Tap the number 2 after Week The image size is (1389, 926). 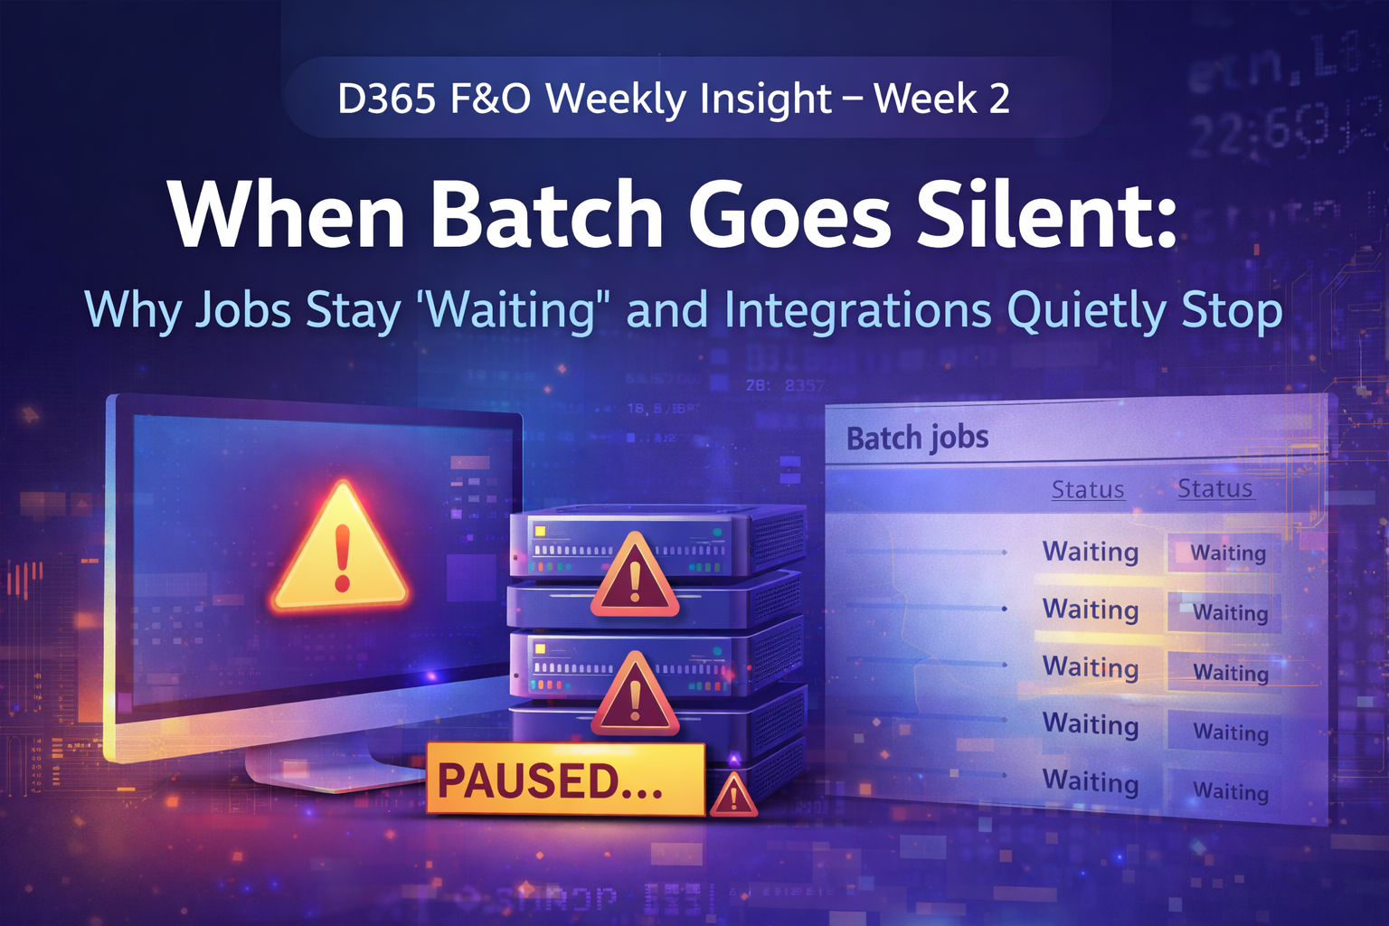pyautogui.click(x=999, y=98)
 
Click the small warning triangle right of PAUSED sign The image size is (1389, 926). pyautogui.click(x=733, y=795)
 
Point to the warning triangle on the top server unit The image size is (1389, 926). pyautogui.click(x=634, y=577)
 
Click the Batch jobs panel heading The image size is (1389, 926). pyautogui.click(x=917, y=439)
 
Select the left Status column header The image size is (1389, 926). pyautogui.click(x=1087, y=489)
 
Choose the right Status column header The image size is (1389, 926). pyautogui.click(x=1214, y=488)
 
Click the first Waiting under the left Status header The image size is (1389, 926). pyautogui.click(x=1090, y=552)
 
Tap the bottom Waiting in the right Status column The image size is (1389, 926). pyautogui.click(x=1230, y=791)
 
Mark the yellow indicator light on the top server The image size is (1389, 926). pyautogui.click(x=540, y=531)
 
